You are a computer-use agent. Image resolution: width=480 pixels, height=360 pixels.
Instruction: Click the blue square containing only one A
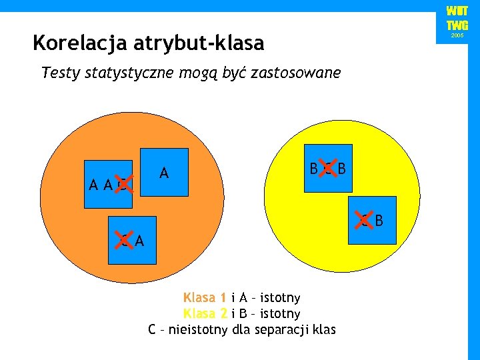[x=164, y=171]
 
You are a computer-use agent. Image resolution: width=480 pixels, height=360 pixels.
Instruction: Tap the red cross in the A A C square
[x=123, y=181]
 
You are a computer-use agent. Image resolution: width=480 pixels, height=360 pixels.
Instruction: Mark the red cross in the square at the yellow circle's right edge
[x=363, y=219]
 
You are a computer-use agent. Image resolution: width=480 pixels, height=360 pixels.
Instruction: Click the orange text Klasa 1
[x=205, y=297]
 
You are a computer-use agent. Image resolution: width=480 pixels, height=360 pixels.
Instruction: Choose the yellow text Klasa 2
[x=205, y=313]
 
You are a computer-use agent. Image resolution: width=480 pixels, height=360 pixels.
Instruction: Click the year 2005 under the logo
[x=457, y=35]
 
